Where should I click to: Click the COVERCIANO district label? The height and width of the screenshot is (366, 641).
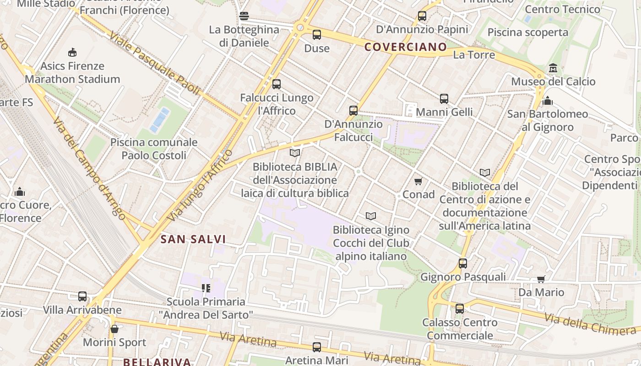405,47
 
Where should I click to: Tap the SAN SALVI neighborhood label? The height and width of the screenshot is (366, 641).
193,239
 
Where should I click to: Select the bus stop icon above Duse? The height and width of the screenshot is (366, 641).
317,35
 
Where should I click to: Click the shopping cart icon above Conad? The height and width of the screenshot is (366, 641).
418,182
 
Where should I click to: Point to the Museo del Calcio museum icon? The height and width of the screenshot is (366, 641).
553,68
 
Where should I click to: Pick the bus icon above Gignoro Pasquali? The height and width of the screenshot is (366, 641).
463,264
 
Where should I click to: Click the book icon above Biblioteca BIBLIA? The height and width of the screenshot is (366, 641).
295,153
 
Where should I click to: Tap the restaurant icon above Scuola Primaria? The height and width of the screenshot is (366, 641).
206,288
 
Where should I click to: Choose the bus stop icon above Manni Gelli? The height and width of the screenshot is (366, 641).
444,99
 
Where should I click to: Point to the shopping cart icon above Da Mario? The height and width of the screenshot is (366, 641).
541,279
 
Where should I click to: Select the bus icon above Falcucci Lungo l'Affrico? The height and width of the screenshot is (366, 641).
277,84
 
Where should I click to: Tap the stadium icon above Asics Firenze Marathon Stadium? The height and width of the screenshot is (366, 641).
72,52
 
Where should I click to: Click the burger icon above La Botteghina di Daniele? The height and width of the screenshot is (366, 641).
244,16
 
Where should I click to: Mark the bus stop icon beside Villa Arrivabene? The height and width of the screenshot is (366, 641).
82,296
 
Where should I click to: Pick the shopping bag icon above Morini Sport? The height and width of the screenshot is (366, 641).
114,329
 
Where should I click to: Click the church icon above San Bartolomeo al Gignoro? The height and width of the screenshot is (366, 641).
547,101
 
